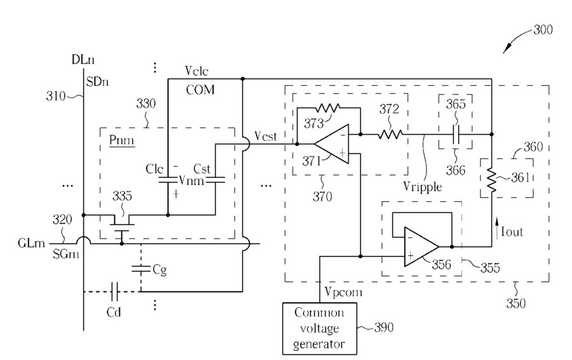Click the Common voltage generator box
pyautogui.click(x=319, y=328)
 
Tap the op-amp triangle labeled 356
pyautogui.click(x=422, y=246)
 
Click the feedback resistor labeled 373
pyautogui.click(x=328, y=108)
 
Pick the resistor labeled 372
pyautogui.click(x=390, y=134)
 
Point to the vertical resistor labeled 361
pyautogui.click(x=491, y=180)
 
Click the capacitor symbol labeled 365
pyautogui.click(x=456, y=134)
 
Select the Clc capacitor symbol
pyautogui.click(x=168, y=180)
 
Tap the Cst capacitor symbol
pyautogui.click(x=215, y=180)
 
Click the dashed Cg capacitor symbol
pyautogui.click(x=141, y=269)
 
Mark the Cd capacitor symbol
pyautogui.click(x=114, y=291)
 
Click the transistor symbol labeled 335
pyautogui.click(x=122, y=227)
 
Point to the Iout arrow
pyautogui.click(x=496, y=229)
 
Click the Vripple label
pyautogui.click(x=422, y=187)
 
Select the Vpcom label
pyautogui.click(x=343, y=292)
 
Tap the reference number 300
pyautogui.click(x=543, y=30)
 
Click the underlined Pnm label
pyautogui.click(x=122, y=140)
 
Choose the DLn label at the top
pyautogui.click(x=83, y=60)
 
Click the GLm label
pyautogui.click(x=31, y=243)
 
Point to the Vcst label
pyautogui.click(x=265, y=137)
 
